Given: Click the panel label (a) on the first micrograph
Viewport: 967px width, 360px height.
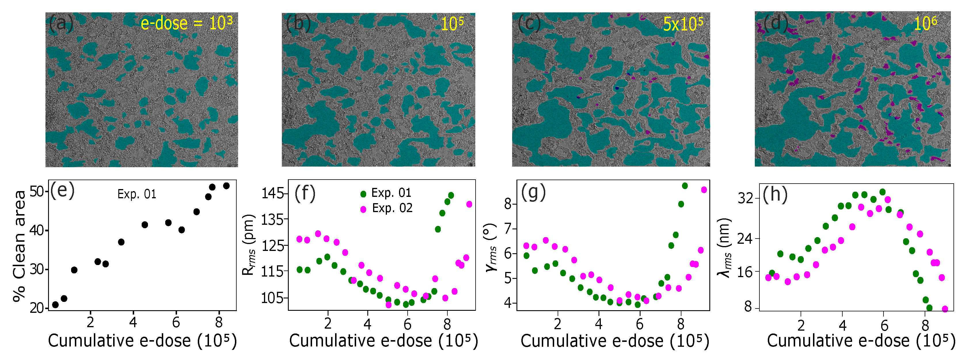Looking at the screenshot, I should coord(61,24).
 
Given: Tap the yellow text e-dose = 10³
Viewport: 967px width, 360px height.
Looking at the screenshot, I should coord(186,23).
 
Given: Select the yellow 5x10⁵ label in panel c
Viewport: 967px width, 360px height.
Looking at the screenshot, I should coord(683,24).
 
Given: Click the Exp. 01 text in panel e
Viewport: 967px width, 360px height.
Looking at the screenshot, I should coord(137,194).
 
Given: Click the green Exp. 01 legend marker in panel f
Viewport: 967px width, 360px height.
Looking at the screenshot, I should coord(363,194).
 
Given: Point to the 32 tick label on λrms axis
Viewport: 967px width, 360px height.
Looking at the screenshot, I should coord(746,198).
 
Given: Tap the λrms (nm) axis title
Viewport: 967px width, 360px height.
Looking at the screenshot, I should coord(725,248).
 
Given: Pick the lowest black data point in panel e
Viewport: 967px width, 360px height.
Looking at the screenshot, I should coord(55,304).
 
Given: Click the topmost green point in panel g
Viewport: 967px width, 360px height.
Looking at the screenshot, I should coord(685,186).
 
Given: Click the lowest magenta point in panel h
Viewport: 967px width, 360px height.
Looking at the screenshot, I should coord(945,309).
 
